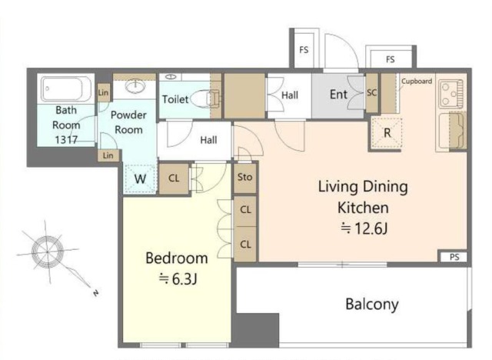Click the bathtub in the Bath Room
[66, 88]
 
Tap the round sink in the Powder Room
[135, 85]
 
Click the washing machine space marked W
[140, 179]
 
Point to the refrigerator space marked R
[387, 133]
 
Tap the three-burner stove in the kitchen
[450, 94]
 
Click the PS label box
[454, 257]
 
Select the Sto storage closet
[244, 178]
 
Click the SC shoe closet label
[371, 92]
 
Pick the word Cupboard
[417, 81]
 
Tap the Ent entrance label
[338, 95]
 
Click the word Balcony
[372, 304]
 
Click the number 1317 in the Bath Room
[66, 140]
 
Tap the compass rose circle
[48, 252]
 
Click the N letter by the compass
[95, 293]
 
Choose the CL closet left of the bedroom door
[174, 178]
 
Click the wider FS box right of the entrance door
[390, 58]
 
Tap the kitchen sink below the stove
[451, 131]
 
